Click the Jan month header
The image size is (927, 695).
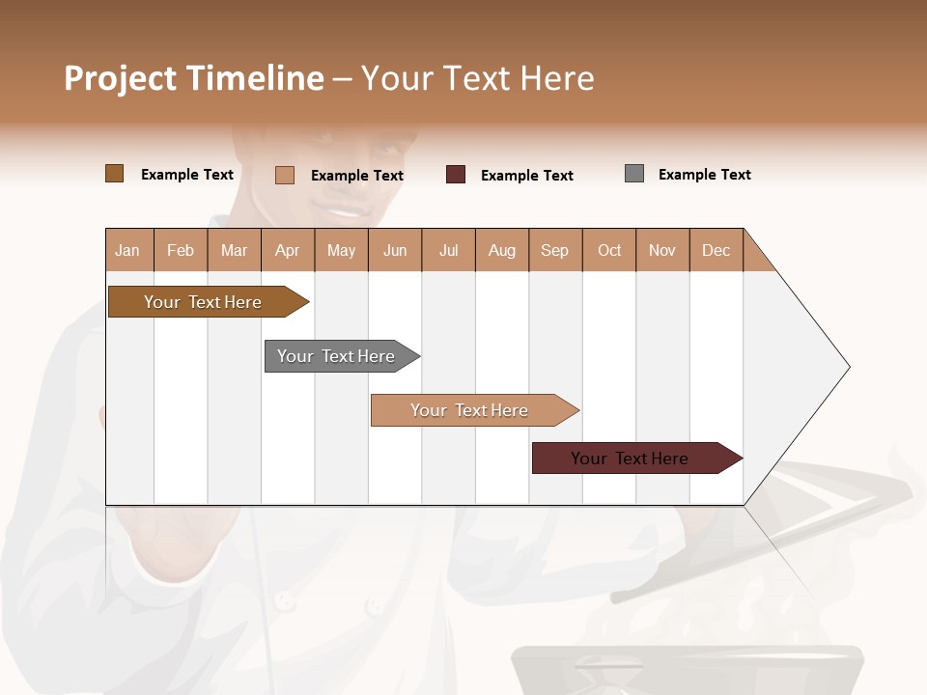pos(128,250)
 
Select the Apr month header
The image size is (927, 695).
pos(287,250)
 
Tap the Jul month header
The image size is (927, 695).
pos(448,250)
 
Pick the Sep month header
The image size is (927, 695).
pos(554,250)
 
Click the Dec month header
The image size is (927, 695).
pos(716,250)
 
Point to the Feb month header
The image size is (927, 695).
pos(181,250)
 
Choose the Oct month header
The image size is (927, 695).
pos(609,250)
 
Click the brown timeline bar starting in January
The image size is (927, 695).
pos(203,302)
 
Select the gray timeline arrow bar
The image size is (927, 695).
pos(336,356)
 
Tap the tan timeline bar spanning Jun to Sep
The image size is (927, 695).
pos(469,410)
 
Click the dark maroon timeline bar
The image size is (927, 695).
pos(630,459)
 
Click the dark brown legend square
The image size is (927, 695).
pos(114,174)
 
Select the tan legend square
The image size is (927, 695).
pos(284,175)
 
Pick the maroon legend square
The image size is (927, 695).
pos(456,175)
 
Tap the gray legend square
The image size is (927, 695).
pos(634,174)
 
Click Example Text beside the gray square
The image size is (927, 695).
pos(704,175)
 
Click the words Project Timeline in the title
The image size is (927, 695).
pos(194,78)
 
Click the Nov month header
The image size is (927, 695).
pos(662,250)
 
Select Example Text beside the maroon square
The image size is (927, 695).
pos(526,176)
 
